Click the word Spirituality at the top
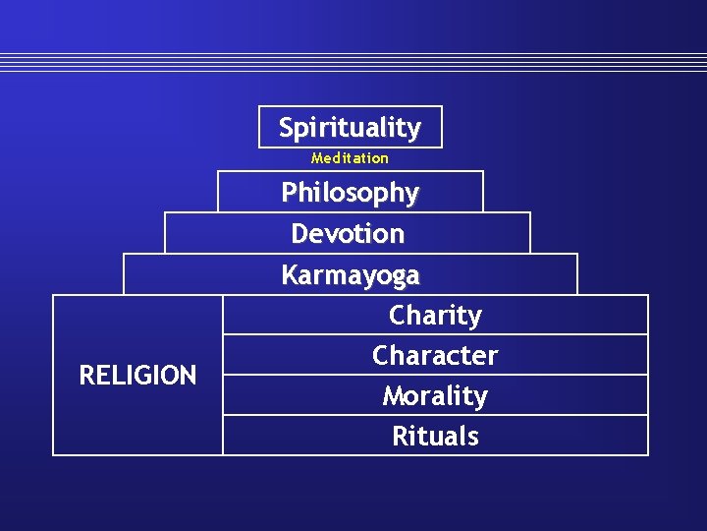(x=350, y=128)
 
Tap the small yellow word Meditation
(x=350, y=157)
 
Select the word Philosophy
(x=350, y=193)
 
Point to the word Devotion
(x=348, y=234)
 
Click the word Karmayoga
(x=350, y=275)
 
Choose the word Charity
(x=435, y=316)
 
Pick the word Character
(x=435, y=355)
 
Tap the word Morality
(x=435, y=396)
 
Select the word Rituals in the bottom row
(x=435, y=436)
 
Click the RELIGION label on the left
(x=137, y=375)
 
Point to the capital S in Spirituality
(x=286, y=127)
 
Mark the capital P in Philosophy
(x=289, y=192)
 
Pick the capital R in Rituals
(x=400, y=436)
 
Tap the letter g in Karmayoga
(x=393, y=278)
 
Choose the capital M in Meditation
(x=316, y=157)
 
